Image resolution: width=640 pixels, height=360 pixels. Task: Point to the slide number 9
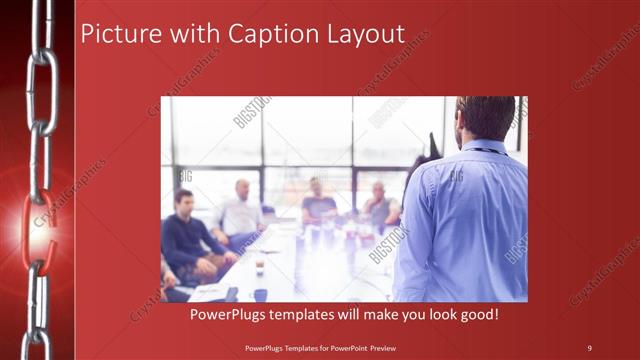pos(589,347)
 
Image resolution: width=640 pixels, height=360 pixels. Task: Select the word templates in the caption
pos(313,314)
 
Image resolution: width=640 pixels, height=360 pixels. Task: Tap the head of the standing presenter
pos(486,118)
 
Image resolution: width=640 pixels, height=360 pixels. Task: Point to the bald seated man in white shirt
pos(240,211)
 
